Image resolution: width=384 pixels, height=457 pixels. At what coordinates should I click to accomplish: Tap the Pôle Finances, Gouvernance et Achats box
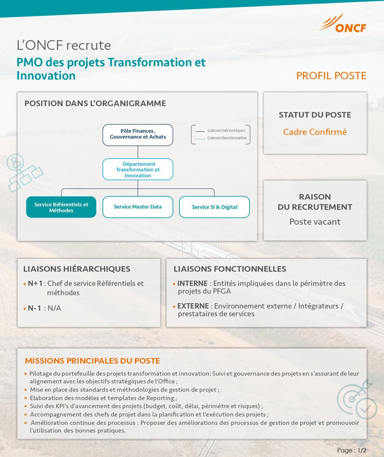click(x=138, y=135)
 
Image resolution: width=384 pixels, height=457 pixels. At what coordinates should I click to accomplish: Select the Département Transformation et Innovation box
click(x=138, y=169)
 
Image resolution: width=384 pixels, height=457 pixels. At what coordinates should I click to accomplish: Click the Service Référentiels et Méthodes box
click(x=61, y=207)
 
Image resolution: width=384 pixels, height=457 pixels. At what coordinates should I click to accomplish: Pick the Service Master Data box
click(x=138, y=207)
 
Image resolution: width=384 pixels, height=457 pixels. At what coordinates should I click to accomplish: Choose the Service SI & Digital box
click(x=214, y=207)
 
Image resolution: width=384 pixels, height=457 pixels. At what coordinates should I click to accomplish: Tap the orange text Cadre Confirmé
click(x=315, y=132)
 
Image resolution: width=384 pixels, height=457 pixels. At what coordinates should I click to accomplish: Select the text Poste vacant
click(x=315, y=222)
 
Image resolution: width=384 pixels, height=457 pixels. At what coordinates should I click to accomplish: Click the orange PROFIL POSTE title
click(x=331, y=76)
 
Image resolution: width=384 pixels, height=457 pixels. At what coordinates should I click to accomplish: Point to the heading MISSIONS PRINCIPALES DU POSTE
click(x=93, y=361)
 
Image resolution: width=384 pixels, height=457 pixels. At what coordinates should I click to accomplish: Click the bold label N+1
click(x=35, y=283)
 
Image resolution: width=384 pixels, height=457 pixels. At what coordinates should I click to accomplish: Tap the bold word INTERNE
click(x=192, y=283)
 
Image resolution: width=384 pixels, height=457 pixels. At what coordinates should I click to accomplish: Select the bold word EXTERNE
click(x=193, y=306)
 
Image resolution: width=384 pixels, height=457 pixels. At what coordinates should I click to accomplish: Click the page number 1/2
click(x=362, y=450)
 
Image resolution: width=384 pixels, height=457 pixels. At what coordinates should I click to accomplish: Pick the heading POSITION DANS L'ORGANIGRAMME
click(x=95, y=103)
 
